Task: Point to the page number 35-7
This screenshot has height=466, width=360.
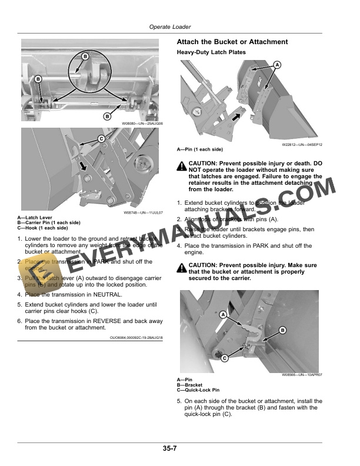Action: click(171, 448)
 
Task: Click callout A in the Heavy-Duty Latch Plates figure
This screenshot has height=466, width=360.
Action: click(276, 64)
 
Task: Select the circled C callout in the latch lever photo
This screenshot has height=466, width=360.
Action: click(101, 138)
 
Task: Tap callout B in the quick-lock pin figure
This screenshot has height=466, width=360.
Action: click(282, 331)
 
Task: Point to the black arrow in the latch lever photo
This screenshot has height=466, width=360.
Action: click(86, 167)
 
